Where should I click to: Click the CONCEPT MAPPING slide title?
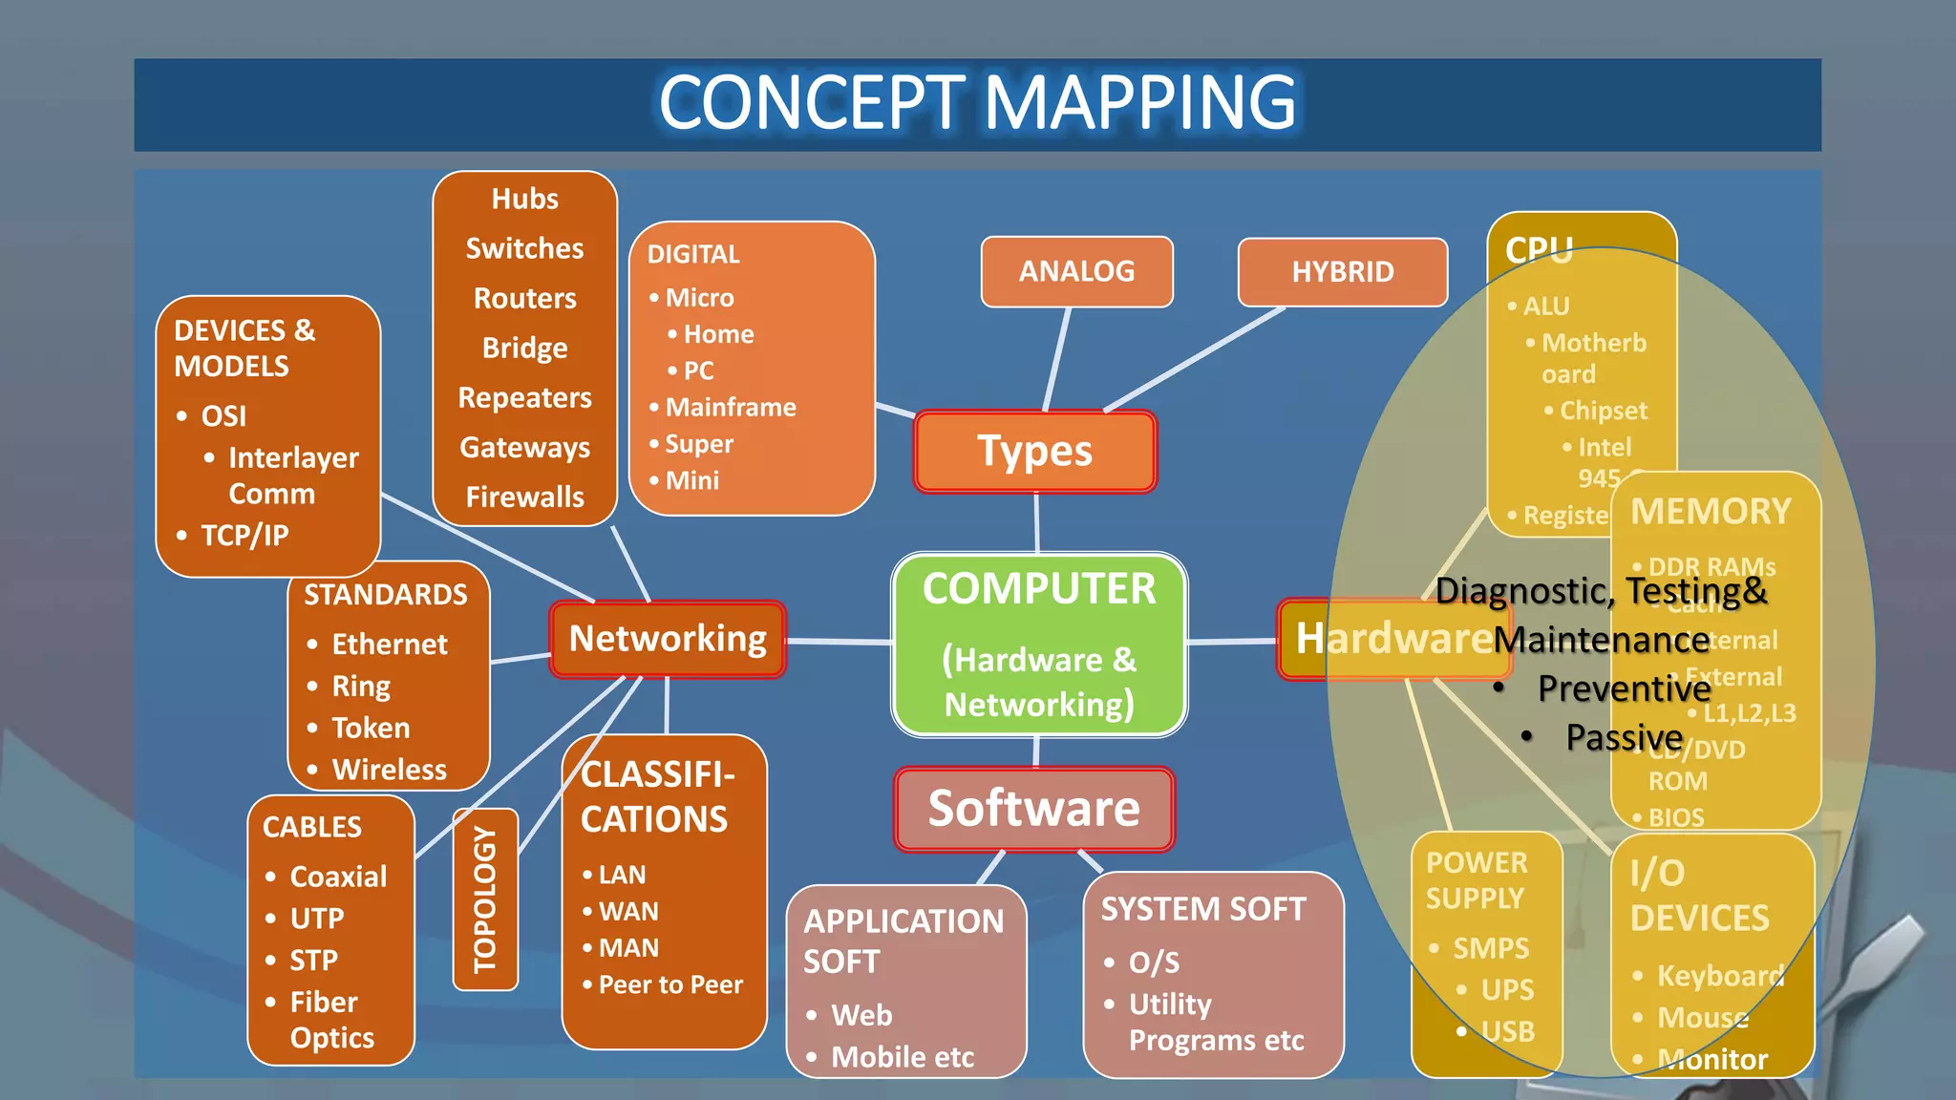(x=977, y=103)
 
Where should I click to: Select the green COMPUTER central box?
(x=1039, y=645)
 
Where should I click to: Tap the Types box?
(x=1035, y=452)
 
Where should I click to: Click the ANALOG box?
(x=1076, y=272)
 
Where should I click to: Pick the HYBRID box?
(x=1342, y=272)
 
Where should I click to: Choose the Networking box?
(x=668, y=639)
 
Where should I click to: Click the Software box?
(x=1034, y=809)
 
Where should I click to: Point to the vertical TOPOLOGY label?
(x=485, y=899)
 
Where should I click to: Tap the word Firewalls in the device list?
(x=524, y=497)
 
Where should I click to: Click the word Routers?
(x=524, y=298)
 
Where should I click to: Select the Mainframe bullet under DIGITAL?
(x=730, y=408)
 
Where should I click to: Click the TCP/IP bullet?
(x=244, y=535)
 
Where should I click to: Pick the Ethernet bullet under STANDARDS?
(x=389, y=645)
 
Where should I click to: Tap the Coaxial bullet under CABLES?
(x=338, y=877)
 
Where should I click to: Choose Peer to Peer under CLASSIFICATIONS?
(x=670, y=984)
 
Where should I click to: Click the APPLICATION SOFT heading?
(x=903, y=941)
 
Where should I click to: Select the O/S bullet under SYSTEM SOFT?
(x=1154, y=962)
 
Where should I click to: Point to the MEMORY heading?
(x=1711, y=512)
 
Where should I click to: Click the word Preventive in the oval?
(x=1624, y=688)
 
